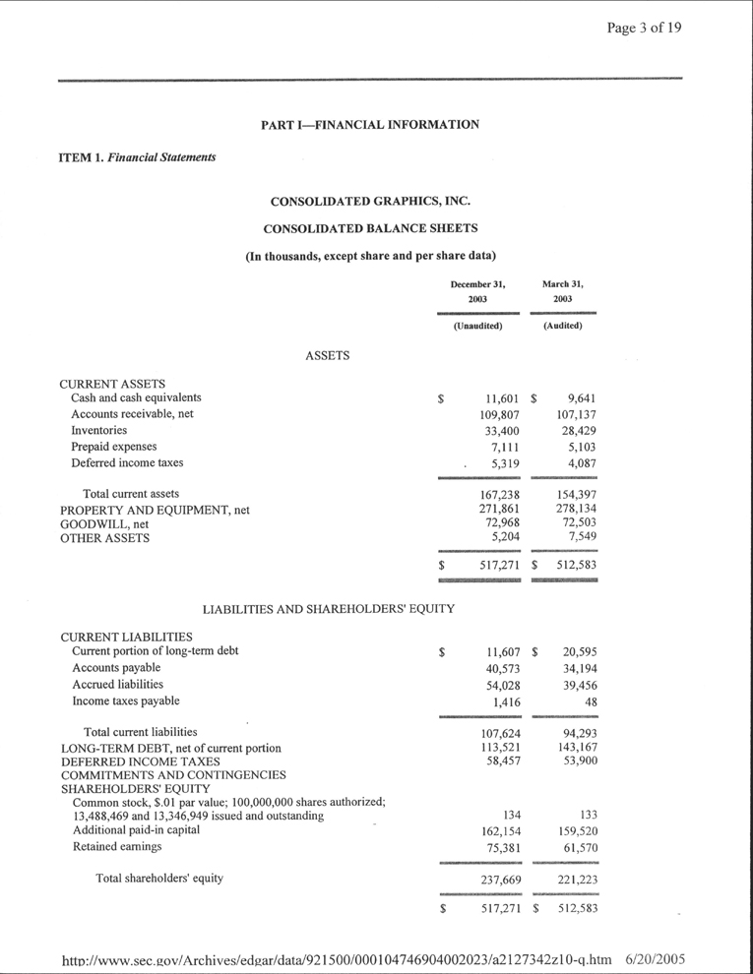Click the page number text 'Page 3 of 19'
[x=644, y=27]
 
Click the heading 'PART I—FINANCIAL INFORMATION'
[x=370, y=125]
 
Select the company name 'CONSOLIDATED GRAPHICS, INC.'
[x=370, y=202]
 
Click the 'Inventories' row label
[x=98, y=431]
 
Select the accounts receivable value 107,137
[x=576, y=415]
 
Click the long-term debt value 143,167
[x=576, y=748]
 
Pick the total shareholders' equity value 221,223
[x=576, y=879]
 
